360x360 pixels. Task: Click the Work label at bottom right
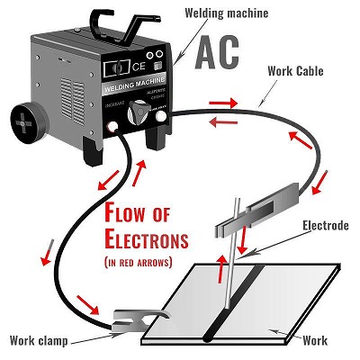[316, 340]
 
